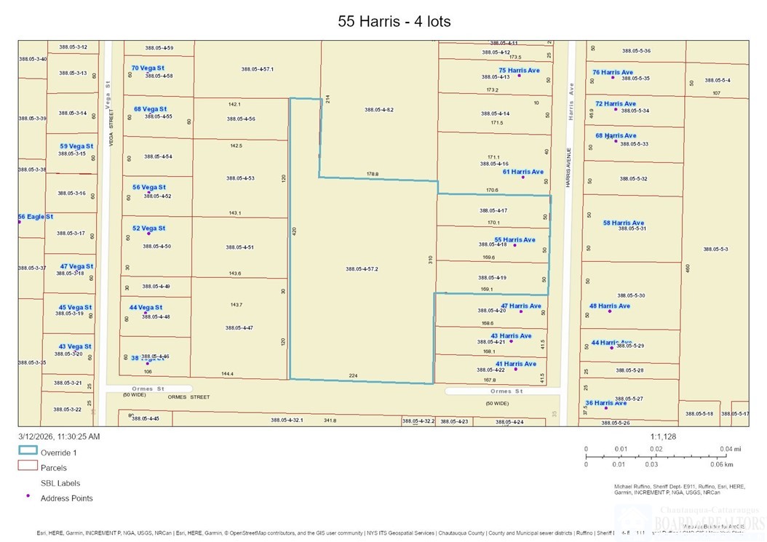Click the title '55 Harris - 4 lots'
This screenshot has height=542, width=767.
(394, 21)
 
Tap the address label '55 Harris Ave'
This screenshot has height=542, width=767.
(514, 239)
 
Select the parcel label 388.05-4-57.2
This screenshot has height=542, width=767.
(362, 269)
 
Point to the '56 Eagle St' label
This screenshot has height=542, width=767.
(36, 217)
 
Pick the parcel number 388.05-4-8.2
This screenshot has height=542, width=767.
(378, 110)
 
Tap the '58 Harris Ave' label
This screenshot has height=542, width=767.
(623, 223)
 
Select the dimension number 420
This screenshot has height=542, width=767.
(295, 230)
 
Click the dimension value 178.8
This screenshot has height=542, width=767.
(373, 174)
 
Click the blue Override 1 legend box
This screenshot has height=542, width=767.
(28, 451)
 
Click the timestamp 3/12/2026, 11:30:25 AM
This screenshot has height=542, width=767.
(59, 437)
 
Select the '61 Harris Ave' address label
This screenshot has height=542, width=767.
(522, 172)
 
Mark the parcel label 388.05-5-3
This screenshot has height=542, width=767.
(715, 249)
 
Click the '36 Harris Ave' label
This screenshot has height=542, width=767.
(605, 403)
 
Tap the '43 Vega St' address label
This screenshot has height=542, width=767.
(75, 346)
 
